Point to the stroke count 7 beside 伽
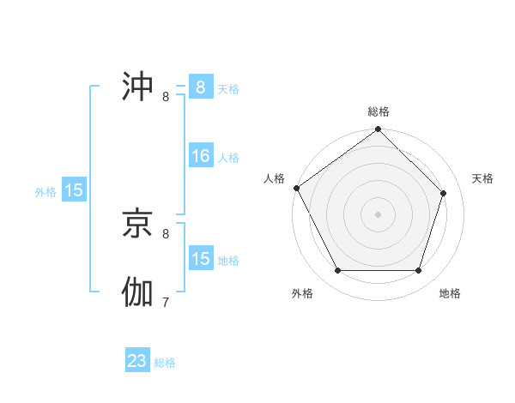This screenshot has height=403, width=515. tap(166, 302)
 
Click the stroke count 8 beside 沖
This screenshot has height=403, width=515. tap(166, 96)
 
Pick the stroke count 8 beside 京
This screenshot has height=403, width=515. tap(166, 233)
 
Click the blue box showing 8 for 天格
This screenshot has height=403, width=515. tap(200, 87)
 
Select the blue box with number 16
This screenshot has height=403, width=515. tap(200, 156)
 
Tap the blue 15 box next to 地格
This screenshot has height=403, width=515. tap(200, 259)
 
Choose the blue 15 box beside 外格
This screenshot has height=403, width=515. tap(74, 190)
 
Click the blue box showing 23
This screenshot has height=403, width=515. tap(137, 361)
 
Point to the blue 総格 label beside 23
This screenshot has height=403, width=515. tap(165, 363)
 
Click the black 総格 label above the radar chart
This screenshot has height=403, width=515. tap(379, 111)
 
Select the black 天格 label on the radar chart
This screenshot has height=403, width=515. tap(482, 178)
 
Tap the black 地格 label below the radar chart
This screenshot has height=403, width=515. tap(450, 293)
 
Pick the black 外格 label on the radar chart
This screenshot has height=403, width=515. tap(302, 293)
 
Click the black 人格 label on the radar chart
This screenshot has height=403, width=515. tap(273, 178)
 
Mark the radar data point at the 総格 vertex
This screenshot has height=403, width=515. tap(379, 130)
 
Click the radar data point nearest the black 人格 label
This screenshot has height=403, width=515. tap(297, 188)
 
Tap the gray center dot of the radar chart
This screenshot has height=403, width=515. tap(379, 214)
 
